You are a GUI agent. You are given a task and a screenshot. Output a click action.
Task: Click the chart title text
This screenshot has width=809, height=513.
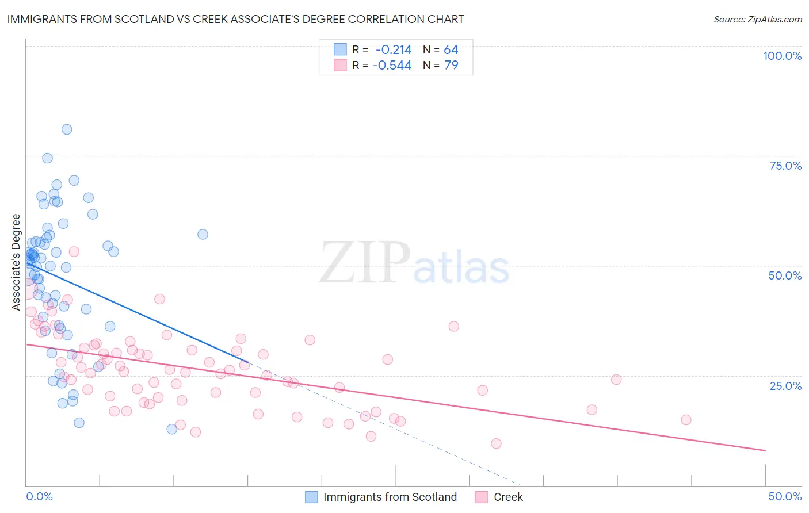click(x=235, y=19)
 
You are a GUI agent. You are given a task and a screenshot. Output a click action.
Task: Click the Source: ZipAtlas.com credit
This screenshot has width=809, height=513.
click(x=757, y=19)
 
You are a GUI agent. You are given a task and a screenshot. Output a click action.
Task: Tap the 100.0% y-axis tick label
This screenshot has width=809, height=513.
click(x=782, y=56)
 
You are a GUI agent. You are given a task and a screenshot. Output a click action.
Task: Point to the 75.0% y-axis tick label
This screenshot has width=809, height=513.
click(x=785, y=166)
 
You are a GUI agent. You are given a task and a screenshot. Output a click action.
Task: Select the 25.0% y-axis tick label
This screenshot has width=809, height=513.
click(x=785, y=385)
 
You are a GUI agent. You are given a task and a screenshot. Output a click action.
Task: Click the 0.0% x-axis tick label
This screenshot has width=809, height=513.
click(x=39, y=496)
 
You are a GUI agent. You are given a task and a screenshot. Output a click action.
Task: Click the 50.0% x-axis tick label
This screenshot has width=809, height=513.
click(x=785, y=496)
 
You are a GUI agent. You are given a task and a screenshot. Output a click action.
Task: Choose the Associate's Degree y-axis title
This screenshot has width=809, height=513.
click(x=16, y=262)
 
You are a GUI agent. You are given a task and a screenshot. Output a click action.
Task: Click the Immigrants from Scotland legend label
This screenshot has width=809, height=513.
click(x=390, y=497)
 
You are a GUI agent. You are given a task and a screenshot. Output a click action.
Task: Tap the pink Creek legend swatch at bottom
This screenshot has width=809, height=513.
click(x=481, y=497)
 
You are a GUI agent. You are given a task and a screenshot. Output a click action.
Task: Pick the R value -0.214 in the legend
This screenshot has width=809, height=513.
click(x=393, y=50)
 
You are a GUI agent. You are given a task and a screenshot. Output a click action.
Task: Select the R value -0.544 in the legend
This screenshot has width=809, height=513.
click(x=392, y=66)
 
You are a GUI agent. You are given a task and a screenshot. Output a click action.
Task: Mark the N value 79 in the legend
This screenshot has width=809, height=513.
click(x=451, y=66)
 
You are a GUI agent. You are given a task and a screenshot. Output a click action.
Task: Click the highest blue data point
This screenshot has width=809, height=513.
click(x=67, y=129)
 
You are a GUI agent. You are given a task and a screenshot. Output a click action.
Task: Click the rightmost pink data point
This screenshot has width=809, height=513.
click(x=686, y=420)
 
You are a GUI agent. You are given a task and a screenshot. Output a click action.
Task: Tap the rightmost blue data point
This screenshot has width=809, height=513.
click(x=203, y=234)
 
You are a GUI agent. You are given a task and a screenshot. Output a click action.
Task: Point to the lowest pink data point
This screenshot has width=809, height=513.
click(x=496, y=443)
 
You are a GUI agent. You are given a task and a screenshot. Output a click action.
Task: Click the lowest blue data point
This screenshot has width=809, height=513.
click(x=171, y=429)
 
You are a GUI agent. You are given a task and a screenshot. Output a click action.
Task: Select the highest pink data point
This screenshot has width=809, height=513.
click(x=74, y=251)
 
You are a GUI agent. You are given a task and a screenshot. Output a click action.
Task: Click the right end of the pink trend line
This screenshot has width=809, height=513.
click(x=765, y=450)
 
